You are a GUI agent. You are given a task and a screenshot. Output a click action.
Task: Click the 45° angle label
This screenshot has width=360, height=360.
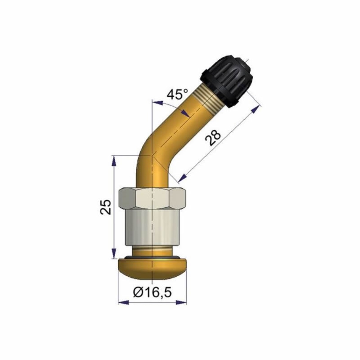click(x=177, y=94)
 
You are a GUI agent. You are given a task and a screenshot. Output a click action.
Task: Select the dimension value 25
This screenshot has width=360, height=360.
click(x=105, y=207)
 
